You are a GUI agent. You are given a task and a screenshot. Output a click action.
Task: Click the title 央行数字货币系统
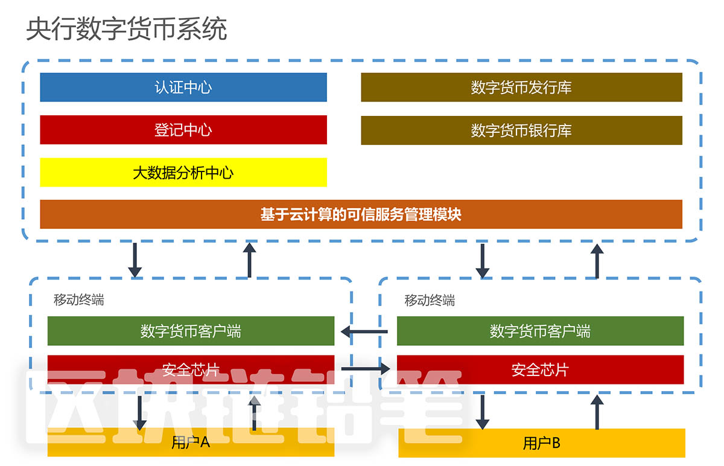[x=126, y=29]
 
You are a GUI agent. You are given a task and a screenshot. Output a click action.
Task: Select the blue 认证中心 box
[x=183, y=88]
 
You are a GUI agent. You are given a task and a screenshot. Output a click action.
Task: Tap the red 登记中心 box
[x=183, y=130]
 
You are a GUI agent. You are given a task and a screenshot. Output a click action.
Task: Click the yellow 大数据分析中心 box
[x=183, y=173]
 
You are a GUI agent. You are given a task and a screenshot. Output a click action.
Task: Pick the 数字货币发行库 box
[x=521, y=88]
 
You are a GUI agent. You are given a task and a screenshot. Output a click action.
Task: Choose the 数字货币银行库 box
[x=521, y=130]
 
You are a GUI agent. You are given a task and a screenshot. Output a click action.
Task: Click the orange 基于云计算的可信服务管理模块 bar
[x=361, y=214]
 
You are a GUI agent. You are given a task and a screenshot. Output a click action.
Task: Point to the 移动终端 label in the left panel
[x=78, y=300]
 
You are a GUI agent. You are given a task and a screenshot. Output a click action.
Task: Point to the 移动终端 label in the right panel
[x=430, y=300]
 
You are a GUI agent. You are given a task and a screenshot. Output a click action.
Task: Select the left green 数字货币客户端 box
[x=191, y=331]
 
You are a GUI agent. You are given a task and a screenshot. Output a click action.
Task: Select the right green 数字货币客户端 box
[x=540, y=331]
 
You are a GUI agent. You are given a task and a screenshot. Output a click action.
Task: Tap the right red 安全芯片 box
[x=540, y=369]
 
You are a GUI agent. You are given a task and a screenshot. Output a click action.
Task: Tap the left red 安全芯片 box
[x=191, y=369]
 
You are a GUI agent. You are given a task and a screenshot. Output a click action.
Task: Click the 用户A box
[x=191, y=442]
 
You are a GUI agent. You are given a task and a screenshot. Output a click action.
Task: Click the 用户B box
[x=542, y=443]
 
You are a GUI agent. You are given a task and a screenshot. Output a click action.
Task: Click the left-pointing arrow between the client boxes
[x=364, y=331]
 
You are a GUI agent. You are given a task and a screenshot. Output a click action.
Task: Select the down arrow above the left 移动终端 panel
[x=135, y=260]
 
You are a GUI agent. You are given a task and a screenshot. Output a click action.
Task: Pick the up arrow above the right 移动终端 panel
[x=597, y=261]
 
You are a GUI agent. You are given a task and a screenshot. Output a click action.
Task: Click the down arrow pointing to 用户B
[x=482, y=412]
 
